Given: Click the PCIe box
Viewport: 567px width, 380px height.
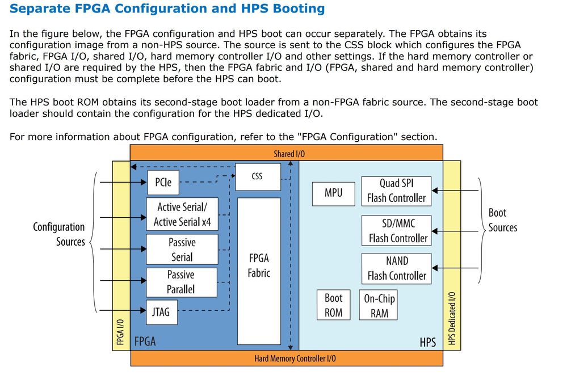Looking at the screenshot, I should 163,183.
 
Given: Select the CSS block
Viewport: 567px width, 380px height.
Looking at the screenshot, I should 257,177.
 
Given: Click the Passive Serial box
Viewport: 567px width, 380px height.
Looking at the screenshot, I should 182,250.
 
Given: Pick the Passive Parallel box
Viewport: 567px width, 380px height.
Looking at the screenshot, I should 181,282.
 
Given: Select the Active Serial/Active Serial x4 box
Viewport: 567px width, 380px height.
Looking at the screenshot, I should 182,214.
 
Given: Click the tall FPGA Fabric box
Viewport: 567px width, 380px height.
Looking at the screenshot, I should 259,271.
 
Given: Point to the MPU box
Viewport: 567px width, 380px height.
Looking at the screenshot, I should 333,193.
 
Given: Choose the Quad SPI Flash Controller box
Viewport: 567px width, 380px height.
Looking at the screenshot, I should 396,191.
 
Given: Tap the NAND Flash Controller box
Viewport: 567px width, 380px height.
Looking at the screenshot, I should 396,268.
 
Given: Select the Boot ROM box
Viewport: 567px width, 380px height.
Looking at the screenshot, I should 333,305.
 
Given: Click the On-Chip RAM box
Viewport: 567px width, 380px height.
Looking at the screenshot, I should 379,305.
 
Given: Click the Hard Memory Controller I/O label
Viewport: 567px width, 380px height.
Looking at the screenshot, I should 295,358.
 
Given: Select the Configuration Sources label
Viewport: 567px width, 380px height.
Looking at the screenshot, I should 59,234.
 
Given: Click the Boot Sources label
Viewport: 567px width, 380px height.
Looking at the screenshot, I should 502,220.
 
